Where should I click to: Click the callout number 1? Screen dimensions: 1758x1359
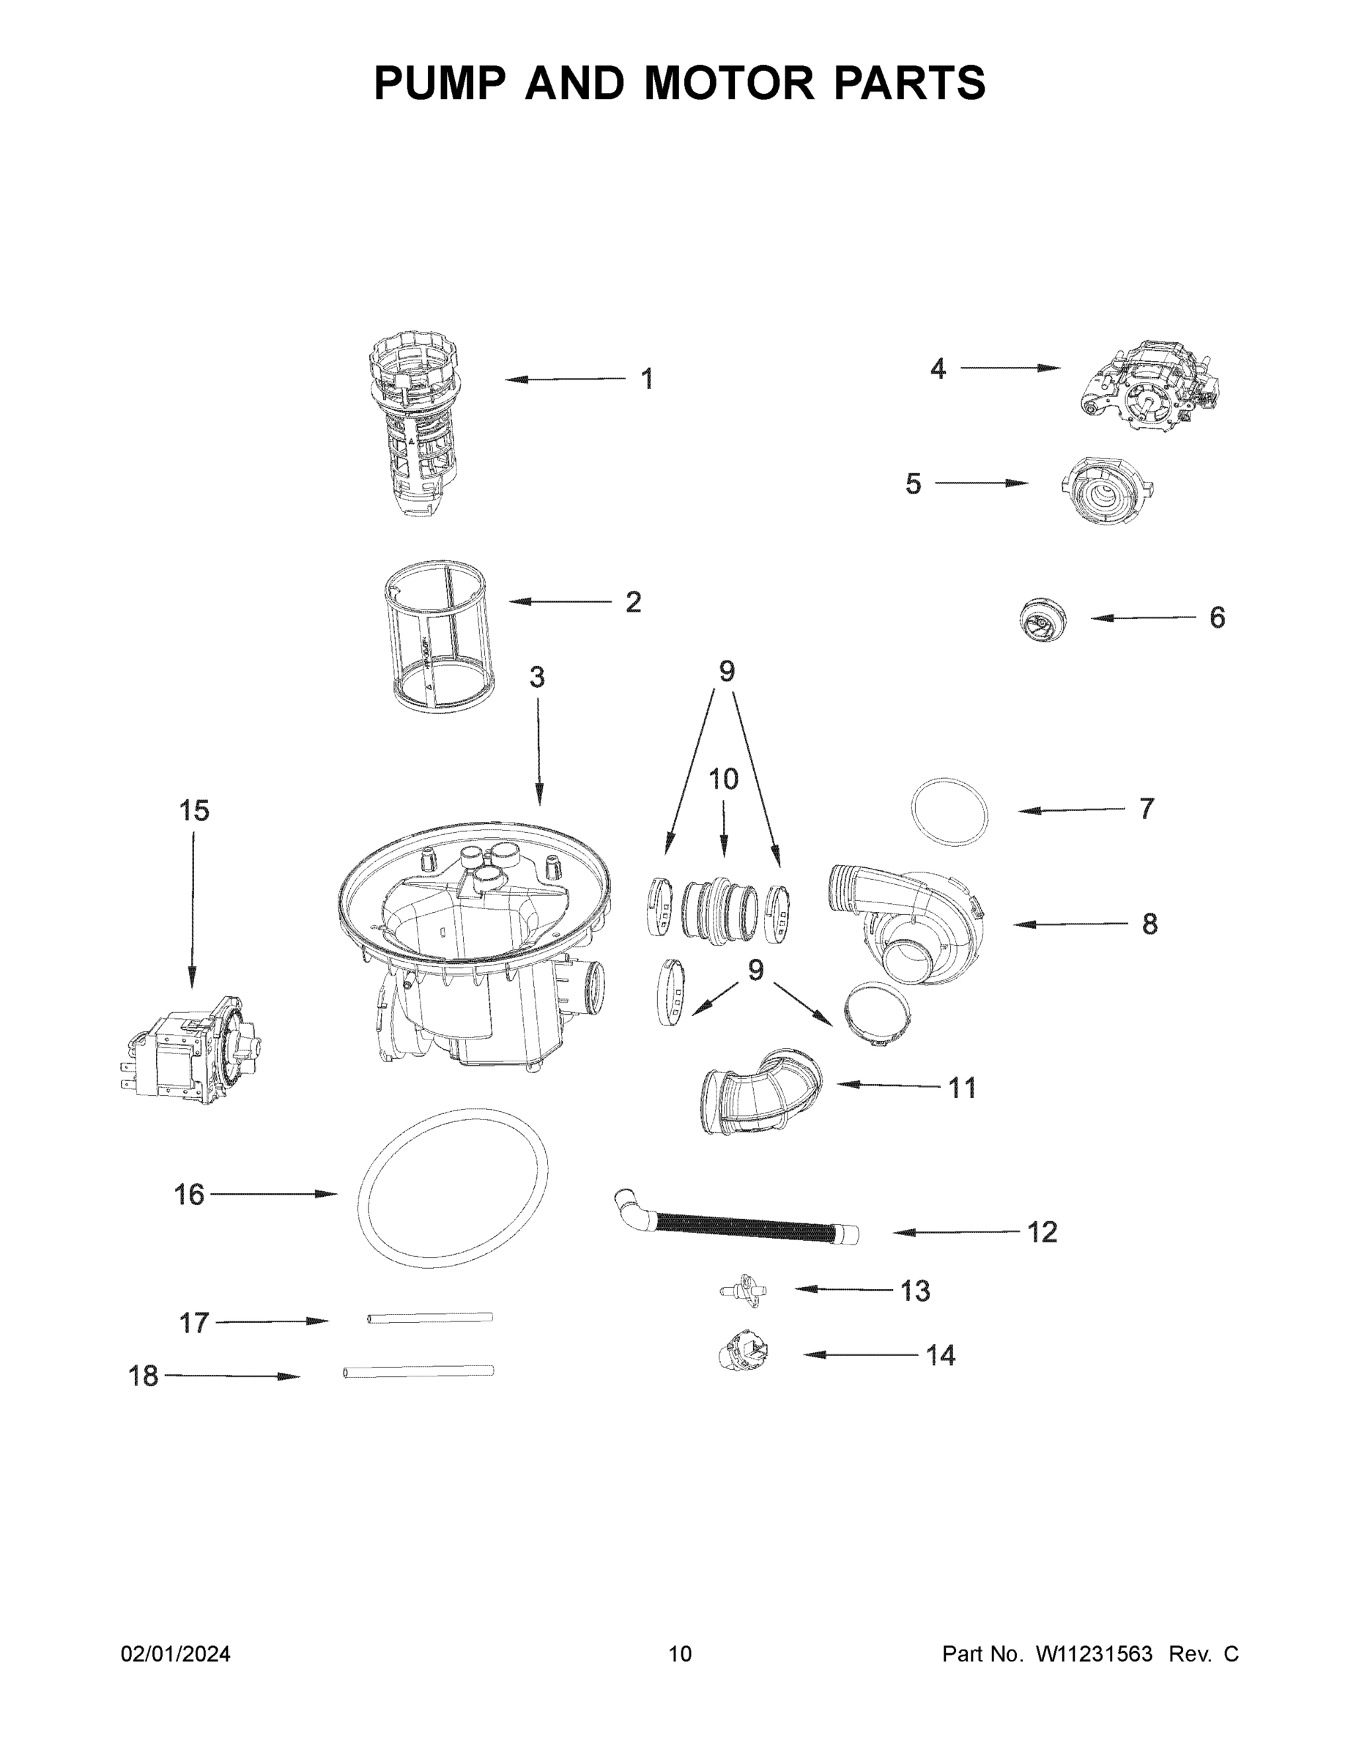646,379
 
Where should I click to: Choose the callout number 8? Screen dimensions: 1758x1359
1149,924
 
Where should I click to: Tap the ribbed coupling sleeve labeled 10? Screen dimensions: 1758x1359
719,910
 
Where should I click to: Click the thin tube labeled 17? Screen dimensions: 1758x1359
430,1318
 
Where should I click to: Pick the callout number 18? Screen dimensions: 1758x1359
144,1376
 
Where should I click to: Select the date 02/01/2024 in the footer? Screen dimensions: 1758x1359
176,1653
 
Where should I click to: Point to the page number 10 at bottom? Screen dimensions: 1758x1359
680,1653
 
